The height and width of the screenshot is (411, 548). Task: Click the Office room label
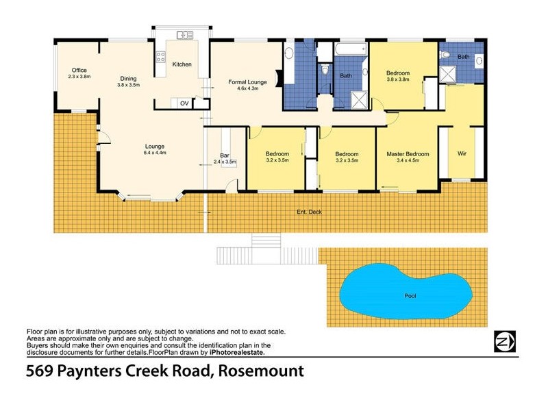click(x=79, y=71)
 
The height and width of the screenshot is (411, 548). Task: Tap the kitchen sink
click(x=182, y=35)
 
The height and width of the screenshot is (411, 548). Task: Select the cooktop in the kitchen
click(x=160, y=57)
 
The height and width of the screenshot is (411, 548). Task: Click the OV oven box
click(x=184, y=103)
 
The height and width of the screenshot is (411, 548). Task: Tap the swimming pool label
click(x=410, y=296)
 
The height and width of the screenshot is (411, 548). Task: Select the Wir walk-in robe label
click(x=462, y=153)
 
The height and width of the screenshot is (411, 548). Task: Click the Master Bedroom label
click(x=407, y=154)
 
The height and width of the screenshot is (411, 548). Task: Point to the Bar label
click(x=224, y=155)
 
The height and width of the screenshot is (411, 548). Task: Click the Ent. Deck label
click(x=309, y=212)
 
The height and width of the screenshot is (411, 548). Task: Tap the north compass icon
click(x=504, y=340)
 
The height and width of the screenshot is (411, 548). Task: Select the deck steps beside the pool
click(x=267, y=251)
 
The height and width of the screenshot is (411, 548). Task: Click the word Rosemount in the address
click(x=261, y=372)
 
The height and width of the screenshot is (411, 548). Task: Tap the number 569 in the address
click(x=40, y=372)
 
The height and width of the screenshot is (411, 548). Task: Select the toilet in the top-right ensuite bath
click(x=445, y=56)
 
